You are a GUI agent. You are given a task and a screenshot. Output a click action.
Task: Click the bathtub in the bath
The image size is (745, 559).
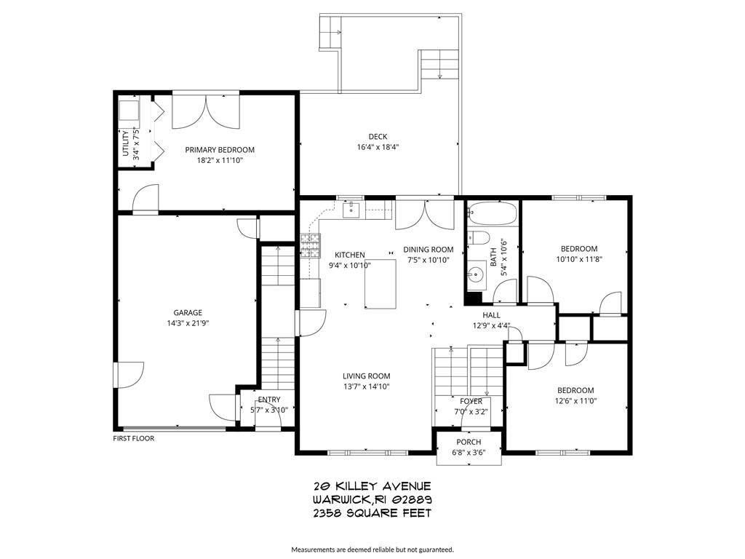click(493, 214)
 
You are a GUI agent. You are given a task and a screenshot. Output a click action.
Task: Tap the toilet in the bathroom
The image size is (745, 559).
click(477, 238)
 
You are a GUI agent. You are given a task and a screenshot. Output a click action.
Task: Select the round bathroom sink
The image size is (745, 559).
click(477, 274)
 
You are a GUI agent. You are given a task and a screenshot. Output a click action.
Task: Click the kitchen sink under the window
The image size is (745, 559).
click(349, 210)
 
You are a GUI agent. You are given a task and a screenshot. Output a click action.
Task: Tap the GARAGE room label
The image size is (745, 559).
click(188, 312)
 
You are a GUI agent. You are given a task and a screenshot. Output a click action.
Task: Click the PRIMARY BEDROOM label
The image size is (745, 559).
click(220, 150)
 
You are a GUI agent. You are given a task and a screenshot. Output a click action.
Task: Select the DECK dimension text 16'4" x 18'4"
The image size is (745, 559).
click(378, 147)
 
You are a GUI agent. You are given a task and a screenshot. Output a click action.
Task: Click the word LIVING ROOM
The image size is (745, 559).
click(367, 376)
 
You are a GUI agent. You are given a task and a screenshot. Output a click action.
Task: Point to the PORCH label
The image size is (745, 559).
click(469, 443)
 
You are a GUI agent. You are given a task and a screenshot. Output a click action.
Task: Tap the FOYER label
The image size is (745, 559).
click(471, 401)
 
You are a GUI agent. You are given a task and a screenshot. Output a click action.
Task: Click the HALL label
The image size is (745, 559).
click(491, 315)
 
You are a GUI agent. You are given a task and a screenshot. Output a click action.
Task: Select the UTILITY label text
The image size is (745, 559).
click(126, 143)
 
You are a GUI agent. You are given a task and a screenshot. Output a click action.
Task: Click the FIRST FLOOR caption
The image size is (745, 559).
click(133, 438)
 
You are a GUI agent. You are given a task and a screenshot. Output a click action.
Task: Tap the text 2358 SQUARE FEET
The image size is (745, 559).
click(372, 513)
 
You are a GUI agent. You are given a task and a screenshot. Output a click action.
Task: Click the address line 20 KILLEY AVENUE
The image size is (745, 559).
click(372, 486)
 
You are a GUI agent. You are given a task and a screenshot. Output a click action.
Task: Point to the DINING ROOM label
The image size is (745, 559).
click(429, 250)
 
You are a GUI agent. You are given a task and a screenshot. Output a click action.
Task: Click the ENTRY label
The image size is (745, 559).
click(268, 400)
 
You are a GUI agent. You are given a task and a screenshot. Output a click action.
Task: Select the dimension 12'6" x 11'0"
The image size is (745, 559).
click(575, 400)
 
